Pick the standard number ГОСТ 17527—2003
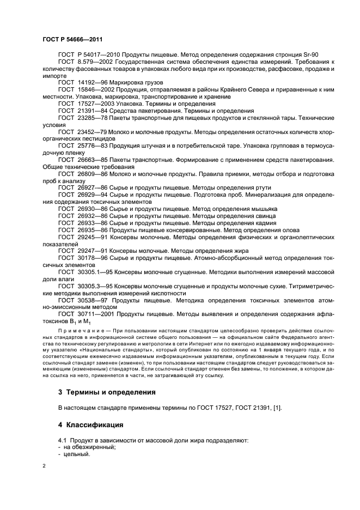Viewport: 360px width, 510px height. pos(83,104)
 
